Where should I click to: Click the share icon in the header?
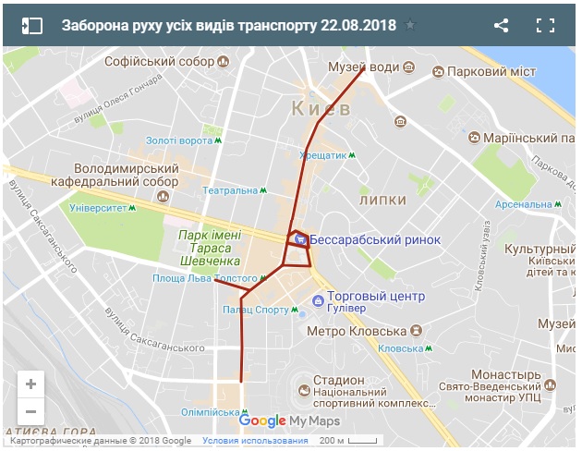pos(501,25)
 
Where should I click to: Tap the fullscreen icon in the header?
pos(545,25)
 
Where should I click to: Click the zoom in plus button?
pos(30,384)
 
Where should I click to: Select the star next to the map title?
pos(410,26)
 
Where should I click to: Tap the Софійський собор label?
pos(159,62)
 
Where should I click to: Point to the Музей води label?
pos(363,67)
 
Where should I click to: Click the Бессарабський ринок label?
pos(374,239)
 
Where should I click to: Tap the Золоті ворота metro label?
pos(178,140)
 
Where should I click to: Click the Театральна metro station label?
pos(230,190)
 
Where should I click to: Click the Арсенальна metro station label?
pos(523,204)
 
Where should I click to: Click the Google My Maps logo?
pos(289,421)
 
